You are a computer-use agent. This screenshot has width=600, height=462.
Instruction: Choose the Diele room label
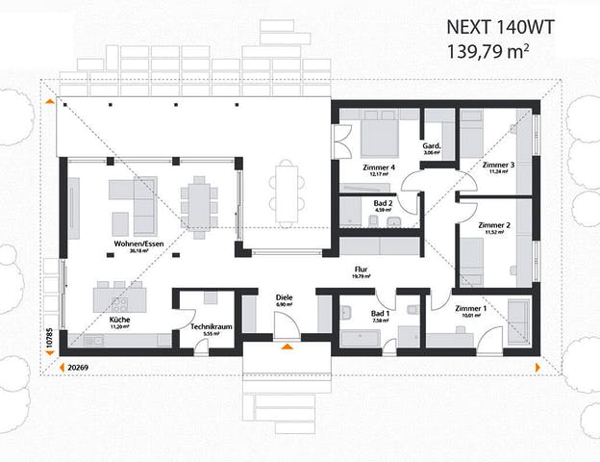(x=283, y=297)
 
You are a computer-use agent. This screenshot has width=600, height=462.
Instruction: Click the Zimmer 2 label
(x=494, y=225)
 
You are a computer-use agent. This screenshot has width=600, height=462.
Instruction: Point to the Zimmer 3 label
(x=498, y=165)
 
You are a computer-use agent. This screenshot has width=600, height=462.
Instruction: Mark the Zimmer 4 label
(x=379, y=168)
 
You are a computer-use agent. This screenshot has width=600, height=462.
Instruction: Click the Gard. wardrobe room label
(x=431, y=146)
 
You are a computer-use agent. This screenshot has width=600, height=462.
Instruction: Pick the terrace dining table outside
(x=285, y=190)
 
